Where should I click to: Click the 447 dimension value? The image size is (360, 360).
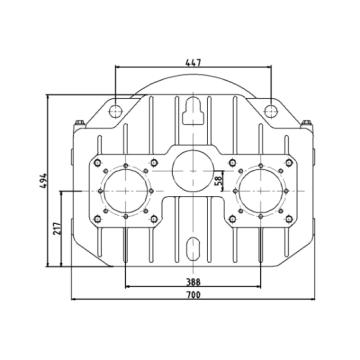pos(193,62)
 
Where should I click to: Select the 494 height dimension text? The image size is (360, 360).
pos(43,180)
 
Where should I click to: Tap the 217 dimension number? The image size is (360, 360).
pos(57,228)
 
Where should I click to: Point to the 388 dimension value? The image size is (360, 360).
pos(193,282)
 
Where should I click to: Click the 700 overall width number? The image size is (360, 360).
pos(193,295)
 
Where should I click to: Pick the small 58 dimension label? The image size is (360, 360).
pos(218,183)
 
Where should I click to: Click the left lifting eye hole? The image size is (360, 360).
pos(115,111)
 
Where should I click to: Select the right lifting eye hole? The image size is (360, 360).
pos(271,111)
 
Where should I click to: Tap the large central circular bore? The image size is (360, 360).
pos(193,171)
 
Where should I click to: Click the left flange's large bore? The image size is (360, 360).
pos(125,191)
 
